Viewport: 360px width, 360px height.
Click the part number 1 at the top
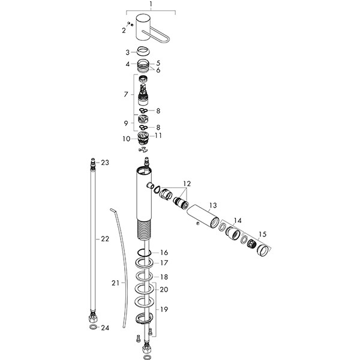(151, 4)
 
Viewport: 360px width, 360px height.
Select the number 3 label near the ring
(127, 52)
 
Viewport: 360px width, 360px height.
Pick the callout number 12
(187, 183)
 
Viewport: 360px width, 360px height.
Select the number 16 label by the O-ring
(164, 253)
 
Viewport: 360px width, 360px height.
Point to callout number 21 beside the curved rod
(116, 281)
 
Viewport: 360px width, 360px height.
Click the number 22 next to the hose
(105, 239)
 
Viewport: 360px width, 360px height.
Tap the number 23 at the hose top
(105, 163)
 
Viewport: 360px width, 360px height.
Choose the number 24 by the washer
(106, 328)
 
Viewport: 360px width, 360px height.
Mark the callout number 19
(164, 310)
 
